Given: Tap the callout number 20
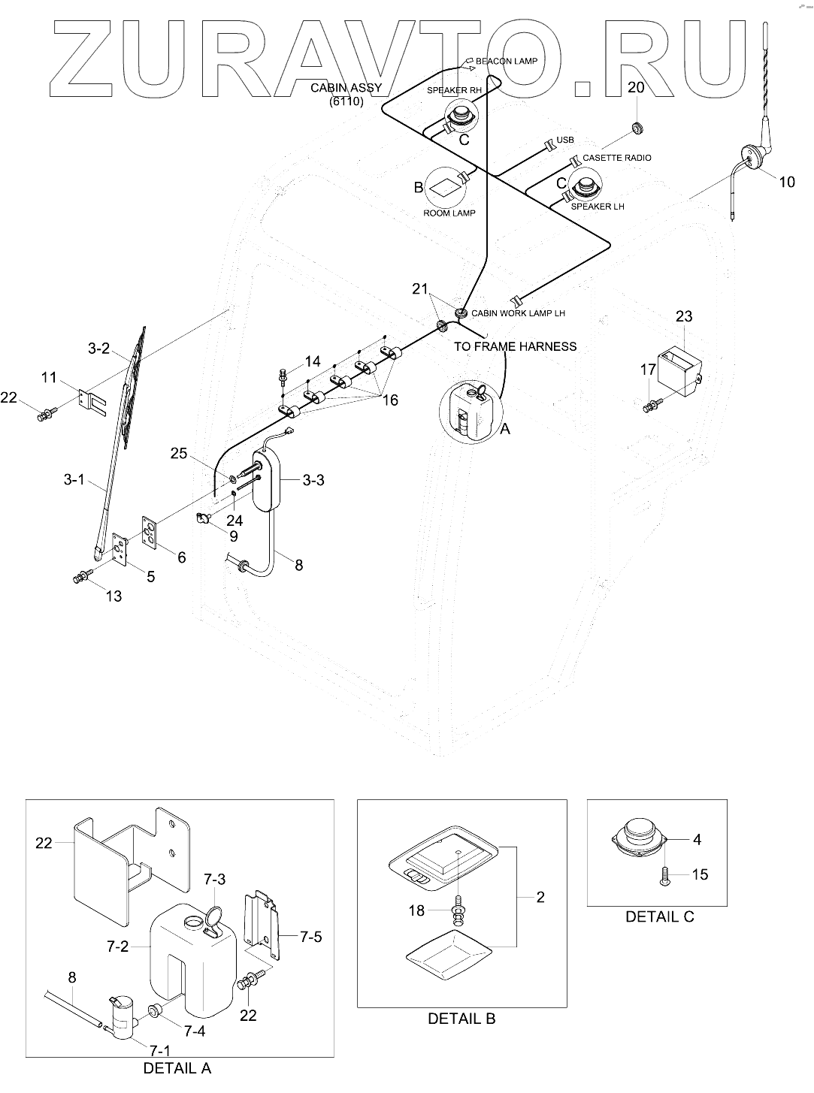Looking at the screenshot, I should click(636, 87).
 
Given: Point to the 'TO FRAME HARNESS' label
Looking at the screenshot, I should click(515, 346).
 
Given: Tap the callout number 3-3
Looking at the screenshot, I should click(313, 479).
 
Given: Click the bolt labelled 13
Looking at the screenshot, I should click(79, 578).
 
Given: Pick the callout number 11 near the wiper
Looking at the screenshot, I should click(50, 377).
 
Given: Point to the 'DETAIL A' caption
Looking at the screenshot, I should click(177, 1067).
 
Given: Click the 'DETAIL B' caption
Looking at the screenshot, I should click(461, 1019).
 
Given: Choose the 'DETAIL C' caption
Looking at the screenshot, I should click(660, 916).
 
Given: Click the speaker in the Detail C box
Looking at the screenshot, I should click(640, 839).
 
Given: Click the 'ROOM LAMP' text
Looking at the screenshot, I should click(449, 213).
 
